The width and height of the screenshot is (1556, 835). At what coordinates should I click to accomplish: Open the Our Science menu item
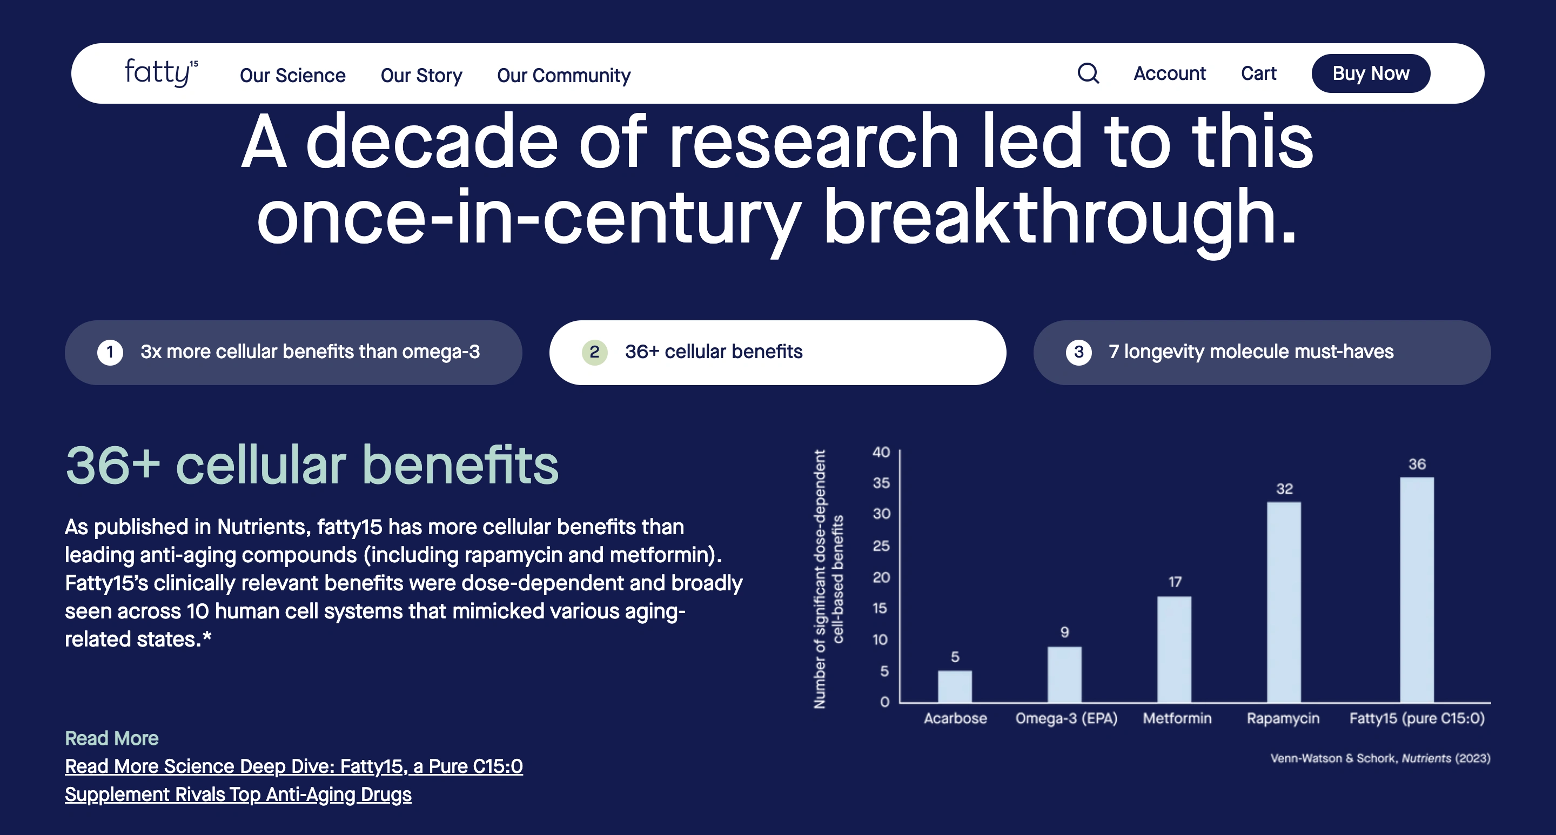[x=293, y=75]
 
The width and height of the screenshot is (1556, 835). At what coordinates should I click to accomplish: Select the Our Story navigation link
[x=421, y=75]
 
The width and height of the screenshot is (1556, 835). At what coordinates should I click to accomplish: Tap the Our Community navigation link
[x=564, y=75]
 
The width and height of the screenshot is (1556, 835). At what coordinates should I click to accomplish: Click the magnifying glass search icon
[x=1089, y=73]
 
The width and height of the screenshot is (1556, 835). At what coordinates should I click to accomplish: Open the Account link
[x=1169, y=73]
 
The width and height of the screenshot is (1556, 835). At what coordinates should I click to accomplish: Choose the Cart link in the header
[x=1259, y=73]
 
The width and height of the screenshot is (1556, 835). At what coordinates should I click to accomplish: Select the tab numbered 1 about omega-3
[x=293, y=352]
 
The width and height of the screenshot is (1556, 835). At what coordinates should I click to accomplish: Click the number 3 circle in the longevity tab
[x=1079, y=352]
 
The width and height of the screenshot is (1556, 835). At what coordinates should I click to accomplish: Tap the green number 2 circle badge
[x=594, y=352]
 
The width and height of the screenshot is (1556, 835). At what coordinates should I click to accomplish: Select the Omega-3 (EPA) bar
[x=1064, y=674]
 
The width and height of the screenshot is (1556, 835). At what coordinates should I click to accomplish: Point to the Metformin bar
[x=1174, y=649]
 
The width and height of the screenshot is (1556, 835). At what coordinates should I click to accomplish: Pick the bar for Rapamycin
[x=1284, y=602]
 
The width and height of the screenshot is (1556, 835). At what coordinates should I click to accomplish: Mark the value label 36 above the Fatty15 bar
[x=1417, y=464]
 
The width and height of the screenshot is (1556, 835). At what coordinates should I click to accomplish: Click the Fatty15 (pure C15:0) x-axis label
[x=1417, y=718]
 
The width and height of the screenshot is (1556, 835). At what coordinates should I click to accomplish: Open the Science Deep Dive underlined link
[x=293, y=780]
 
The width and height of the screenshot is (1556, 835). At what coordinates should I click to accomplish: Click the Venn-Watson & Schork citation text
[x=1380, y=758]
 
